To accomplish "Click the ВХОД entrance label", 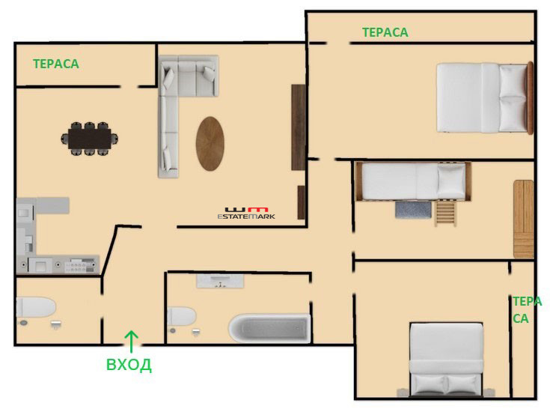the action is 129,365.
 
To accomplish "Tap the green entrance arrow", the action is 131,342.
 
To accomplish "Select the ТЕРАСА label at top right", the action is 385,32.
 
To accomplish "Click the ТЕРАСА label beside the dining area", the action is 56,64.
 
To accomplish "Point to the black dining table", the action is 90,139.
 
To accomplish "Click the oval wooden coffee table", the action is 210,144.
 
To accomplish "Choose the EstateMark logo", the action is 246,213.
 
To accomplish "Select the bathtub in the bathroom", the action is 269,327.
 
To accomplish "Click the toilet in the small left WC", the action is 36,307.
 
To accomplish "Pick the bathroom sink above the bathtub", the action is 220,281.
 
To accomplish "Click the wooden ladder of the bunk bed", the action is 446,213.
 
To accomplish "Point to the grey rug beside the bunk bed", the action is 413,210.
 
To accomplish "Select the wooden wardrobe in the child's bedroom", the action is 524,219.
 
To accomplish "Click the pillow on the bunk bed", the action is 451,181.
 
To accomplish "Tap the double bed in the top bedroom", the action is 485,98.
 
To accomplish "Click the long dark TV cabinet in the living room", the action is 298,127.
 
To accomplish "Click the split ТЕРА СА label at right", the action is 528,309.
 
